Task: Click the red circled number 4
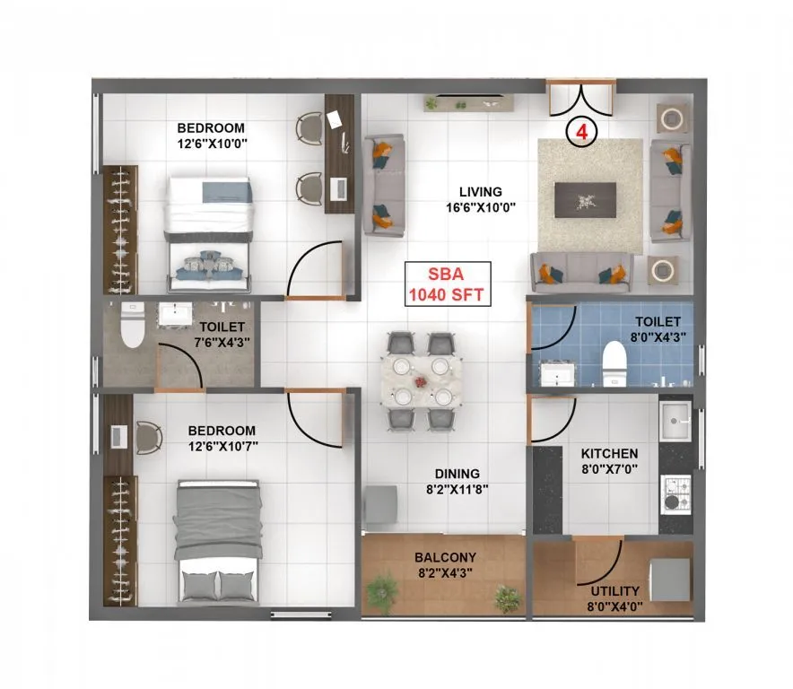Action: [x=581, y=131]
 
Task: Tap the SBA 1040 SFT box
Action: [x=448, y=285]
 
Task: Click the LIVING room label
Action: [x=480, y=192]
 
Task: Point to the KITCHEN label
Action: [x=609, y=454]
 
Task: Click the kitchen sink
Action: [x=675, y=415]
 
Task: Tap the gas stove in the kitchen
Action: [x=675, y=492]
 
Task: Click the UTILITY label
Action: [x=614, y=591]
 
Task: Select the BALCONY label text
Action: [x=445, y=558]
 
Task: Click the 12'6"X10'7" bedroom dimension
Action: [x=222, y=446]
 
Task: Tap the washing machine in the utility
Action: [x=669, y=579]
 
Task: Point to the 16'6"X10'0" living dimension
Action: [x=480, y=208]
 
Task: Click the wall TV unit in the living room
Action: [x=469, y=104]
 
